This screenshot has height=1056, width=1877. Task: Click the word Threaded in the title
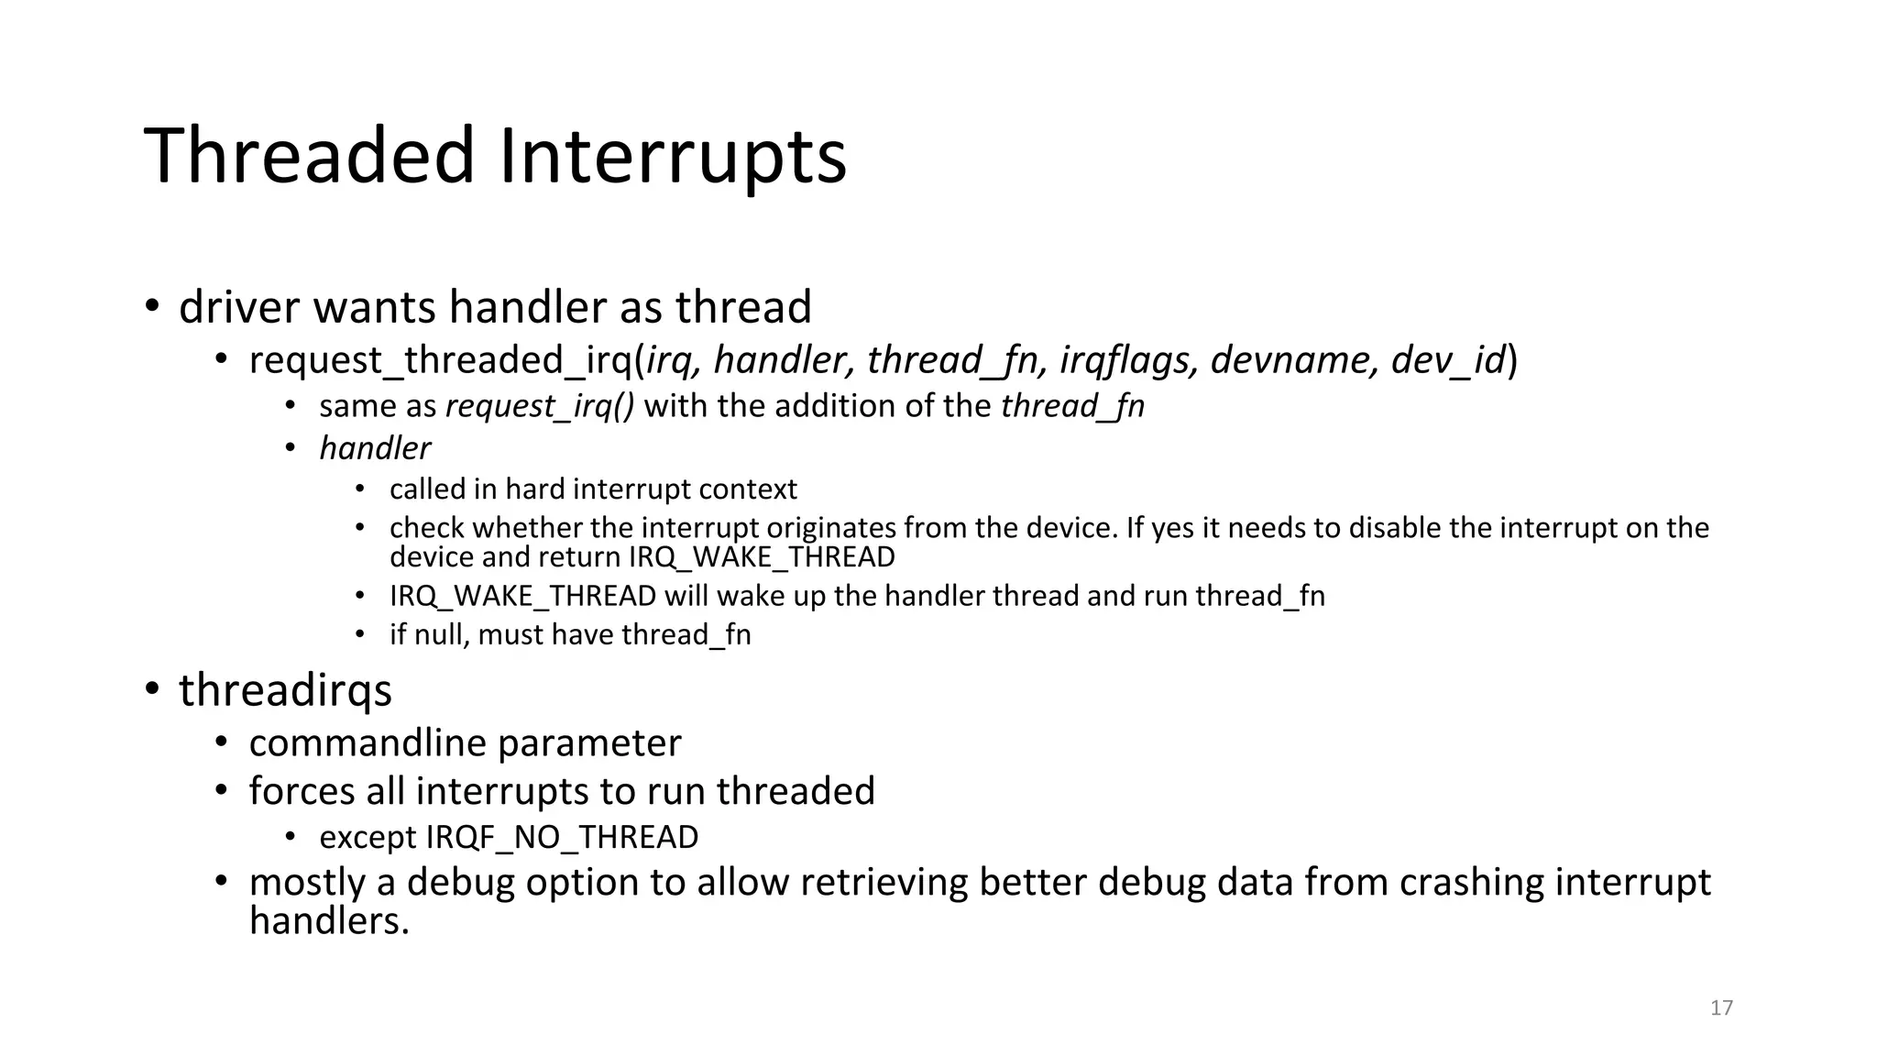(x=309, y=156)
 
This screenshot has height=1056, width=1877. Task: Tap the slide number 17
(x=1721, y=1008)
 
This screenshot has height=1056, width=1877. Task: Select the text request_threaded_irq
(x=441, y=360)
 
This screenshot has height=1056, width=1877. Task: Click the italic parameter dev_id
(x=1448, y=360)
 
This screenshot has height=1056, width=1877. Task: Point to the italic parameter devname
(x=1293, y=360)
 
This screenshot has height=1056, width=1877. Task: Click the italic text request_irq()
(x=539, y=406)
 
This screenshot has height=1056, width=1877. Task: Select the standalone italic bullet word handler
(x=374, y=448)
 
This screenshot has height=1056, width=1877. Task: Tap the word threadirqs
(x=285, y=690)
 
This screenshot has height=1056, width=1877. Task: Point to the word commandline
(x=366, y=742)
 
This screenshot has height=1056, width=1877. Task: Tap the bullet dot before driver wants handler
(x=152, y=305)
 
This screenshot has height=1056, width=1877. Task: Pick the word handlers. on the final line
(x=328, y=920)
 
